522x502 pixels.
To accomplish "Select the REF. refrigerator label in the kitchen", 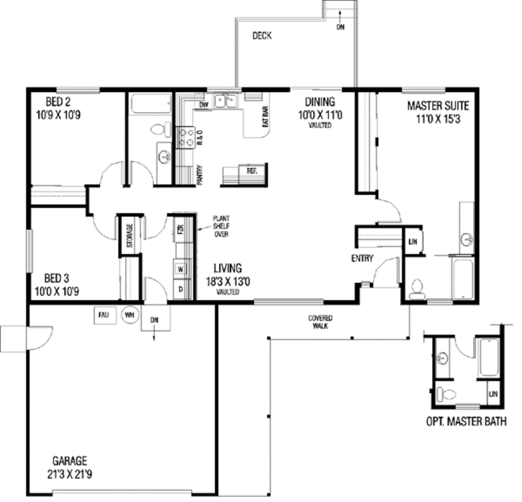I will pos(252,171).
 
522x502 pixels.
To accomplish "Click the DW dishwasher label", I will pos(203,105).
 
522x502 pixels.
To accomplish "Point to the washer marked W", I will pos(180,268).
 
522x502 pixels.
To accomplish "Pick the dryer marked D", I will pos(180,289).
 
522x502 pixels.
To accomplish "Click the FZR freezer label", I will pos(180,229).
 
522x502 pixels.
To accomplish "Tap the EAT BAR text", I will pos(265,117).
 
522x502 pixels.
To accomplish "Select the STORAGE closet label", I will pos(129,235).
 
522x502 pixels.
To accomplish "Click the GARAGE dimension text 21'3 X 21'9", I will pos(69,474).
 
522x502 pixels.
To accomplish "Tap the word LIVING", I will pos(227,268).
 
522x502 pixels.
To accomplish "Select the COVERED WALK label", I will pos(320,322).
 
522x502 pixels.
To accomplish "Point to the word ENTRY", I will pos(362,258).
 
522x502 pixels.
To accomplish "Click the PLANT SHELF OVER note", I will pos(221,225).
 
